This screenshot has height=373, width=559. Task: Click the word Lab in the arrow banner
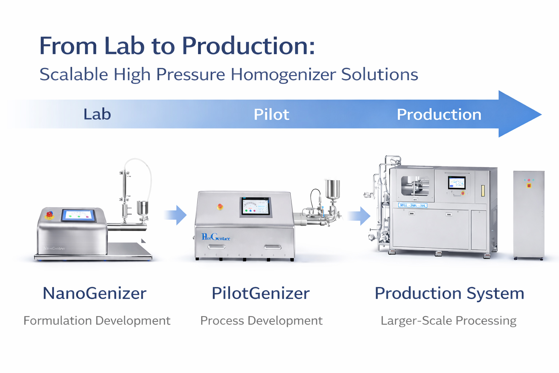97,114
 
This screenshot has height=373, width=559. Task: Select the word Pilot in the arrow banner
271,115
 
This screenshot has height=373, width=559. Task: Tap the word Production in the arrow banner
439,115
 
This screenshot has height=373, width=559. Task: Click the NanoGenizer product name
95,293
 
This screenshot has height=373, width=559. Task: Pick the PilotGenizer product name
261,293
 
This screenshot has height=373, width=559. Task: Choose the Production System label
449,293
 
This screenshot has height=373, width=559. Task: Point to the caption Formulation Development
97,321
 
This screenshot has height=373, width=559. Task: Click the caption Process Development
261,321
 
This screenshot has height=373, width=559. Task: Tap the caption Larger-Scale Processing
448,321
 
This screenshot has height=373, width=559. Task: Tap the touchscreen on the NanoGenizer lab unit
79,215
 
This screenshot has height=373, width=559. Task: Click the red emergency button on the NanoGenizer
49,214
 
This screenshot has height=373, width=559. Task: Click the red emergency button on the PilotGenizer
220,207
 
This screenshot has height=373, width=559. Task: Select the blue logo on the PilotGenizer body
216,237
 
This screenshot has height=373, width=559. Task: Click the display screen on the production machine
457,182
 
